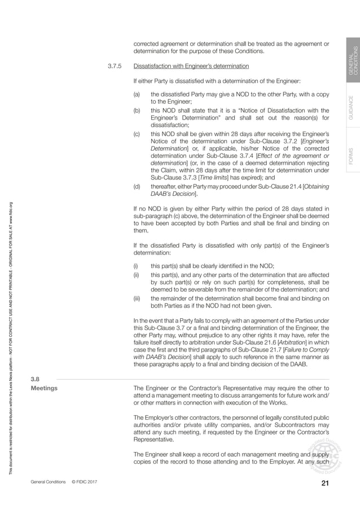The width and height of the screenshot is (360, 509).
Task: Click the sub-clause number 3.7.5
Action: click(115, 65)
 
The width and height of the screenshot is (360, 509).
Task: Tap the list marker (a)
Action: click(137, 95)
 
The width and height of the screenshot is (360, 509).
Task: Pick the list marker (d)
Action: click(137, 186)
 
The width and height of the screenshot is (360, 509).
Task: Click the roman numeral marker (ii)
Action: click(136, 273)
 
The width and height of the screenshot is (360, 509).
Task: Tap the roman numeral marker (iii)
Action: click(137, 297)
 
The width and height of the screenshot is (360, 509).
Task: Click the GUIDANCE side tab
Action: click(352, 108)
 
